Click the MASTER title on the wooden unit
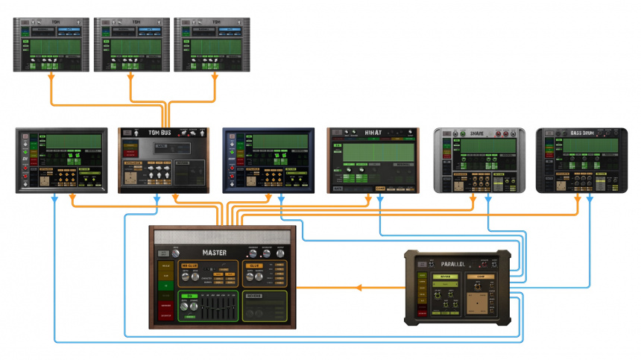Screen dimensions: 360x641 (x=214, y=252)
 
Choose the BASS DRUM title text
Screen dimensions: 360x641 (x=582, y=133)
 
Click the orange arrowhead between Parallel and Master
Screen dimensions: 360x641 (x=359, y=287)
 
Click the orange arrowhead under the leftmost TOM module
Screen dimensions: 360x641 (x=51, y=77)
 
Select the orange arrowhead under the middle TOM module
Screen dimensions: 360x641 (x=130, y=77)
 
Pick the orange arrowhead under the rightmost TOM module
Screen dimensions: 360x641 (x=215, y=77)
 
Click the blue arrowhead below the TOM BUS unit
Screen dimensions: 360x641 (x=157, y=198)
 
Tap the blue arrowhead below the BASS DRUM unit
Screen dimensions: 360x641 (x=590, y=198)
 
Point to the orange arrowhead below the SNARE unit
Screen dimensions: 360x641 (x=473, y=198)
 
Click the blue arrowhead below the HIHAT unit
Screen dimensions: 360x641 (x=380, y=198)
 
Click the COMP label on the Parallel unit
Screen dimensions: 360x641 (x=481, y=276)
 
